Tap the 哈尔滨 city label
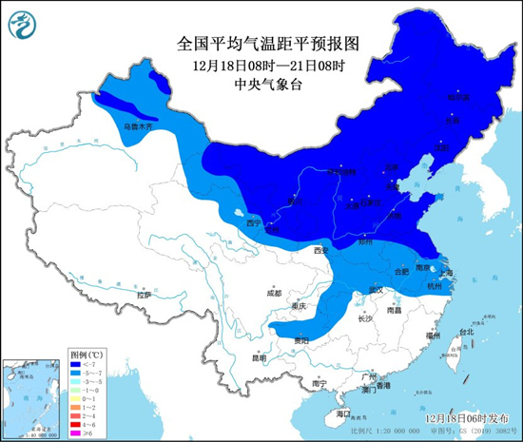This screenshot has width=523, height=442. coord(458,97)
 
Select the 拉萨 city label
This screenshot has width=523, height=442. coord(144,295)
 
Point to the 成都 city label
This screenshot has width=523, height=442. coord(274,292)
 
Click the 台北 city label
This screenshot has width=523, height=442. coord(465,333)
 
